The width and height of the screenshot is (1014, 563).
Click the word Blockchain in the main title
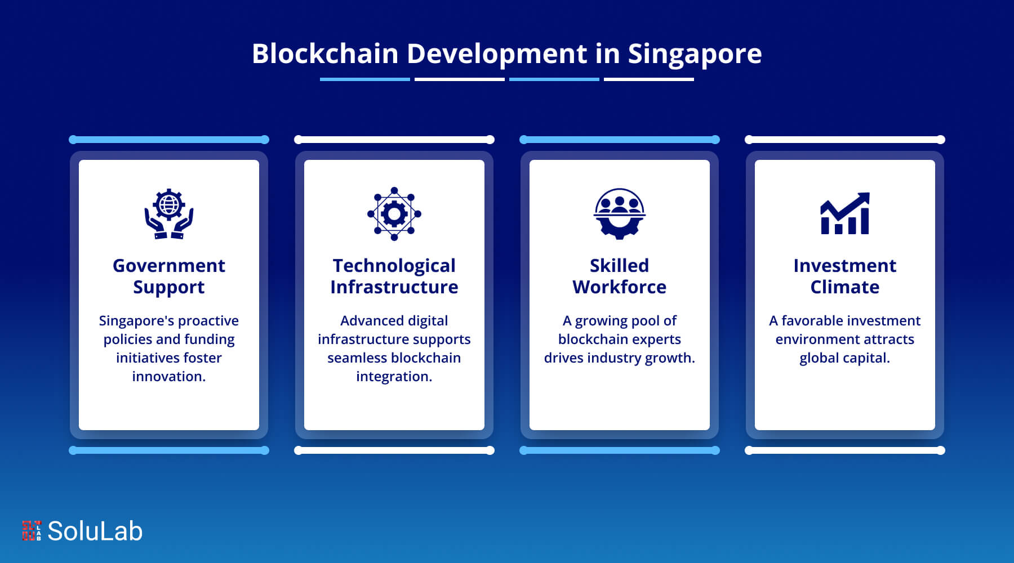[325, 54]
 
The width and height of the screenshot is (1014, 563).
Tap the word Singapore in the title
[695, 55]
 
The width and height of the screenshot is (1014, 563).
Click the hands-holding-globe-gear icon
[169, 214]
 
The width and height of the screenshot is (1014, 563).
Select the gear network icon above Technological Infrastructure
[394, 214]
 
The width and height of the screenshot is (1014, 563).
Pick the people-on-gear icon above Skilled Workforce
[620, 214]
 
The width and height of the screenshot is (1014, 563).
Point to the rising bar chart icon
[845, 214]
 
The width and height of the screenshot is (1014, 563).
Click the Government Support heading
[169, 276]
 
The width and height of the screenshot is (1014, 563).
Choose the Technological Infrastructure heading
[394, 276]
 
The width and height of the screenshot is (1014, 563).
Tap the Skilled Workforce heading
[620, 276]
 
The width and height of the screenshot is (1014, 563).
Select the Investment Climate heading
[845, 276]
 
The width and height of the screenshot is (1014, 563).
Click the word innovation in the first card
[168, 376]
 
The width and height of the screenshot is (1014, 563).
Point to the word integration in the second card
[394, 376]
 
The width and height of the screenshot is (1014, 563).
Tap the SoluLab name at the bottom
[95, 531]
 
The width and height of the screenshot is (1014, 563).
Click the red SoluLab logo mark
[32, 531]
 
